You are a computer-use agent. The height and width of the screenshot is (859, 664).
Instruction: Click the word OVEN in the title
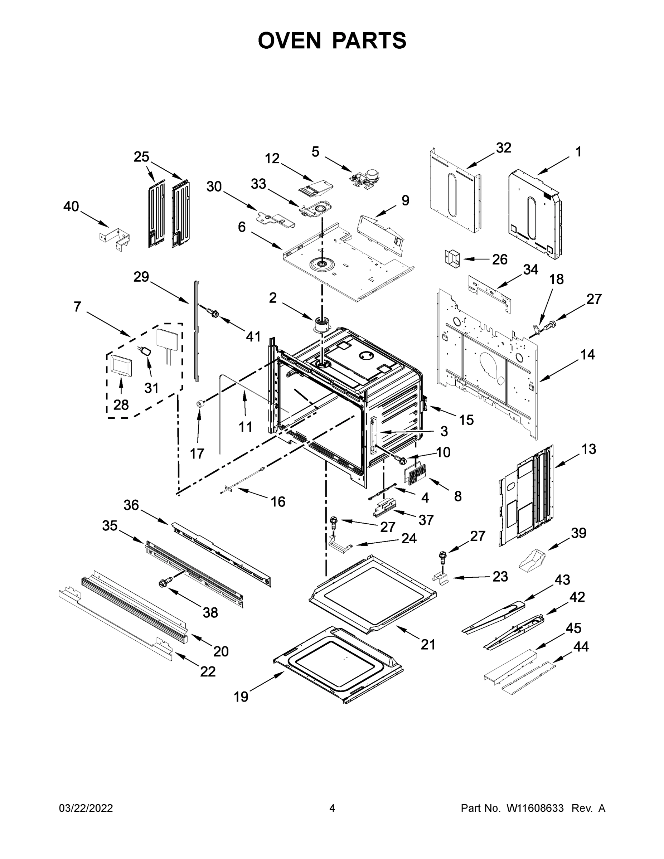click(x=290, y=40)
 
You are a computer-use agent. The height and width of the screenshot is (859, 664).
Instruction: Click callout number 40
click(x=71, y=206)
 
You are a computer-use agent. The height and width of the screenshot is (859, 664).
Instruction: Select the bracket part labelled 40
click(x=115, y=238)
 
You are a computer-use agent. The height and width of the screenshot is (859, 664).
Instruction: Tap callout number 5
click(x=315, y=152)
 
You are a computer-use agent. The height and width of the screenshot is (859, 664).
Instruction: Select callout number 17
click(x=197, y=453)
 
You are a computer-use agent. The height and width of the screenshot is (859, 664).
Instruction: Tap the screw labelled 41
click(x=213, y=313)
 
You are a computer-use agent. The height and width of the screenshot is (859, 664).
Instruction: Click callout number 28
click(x=121, y=404)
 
